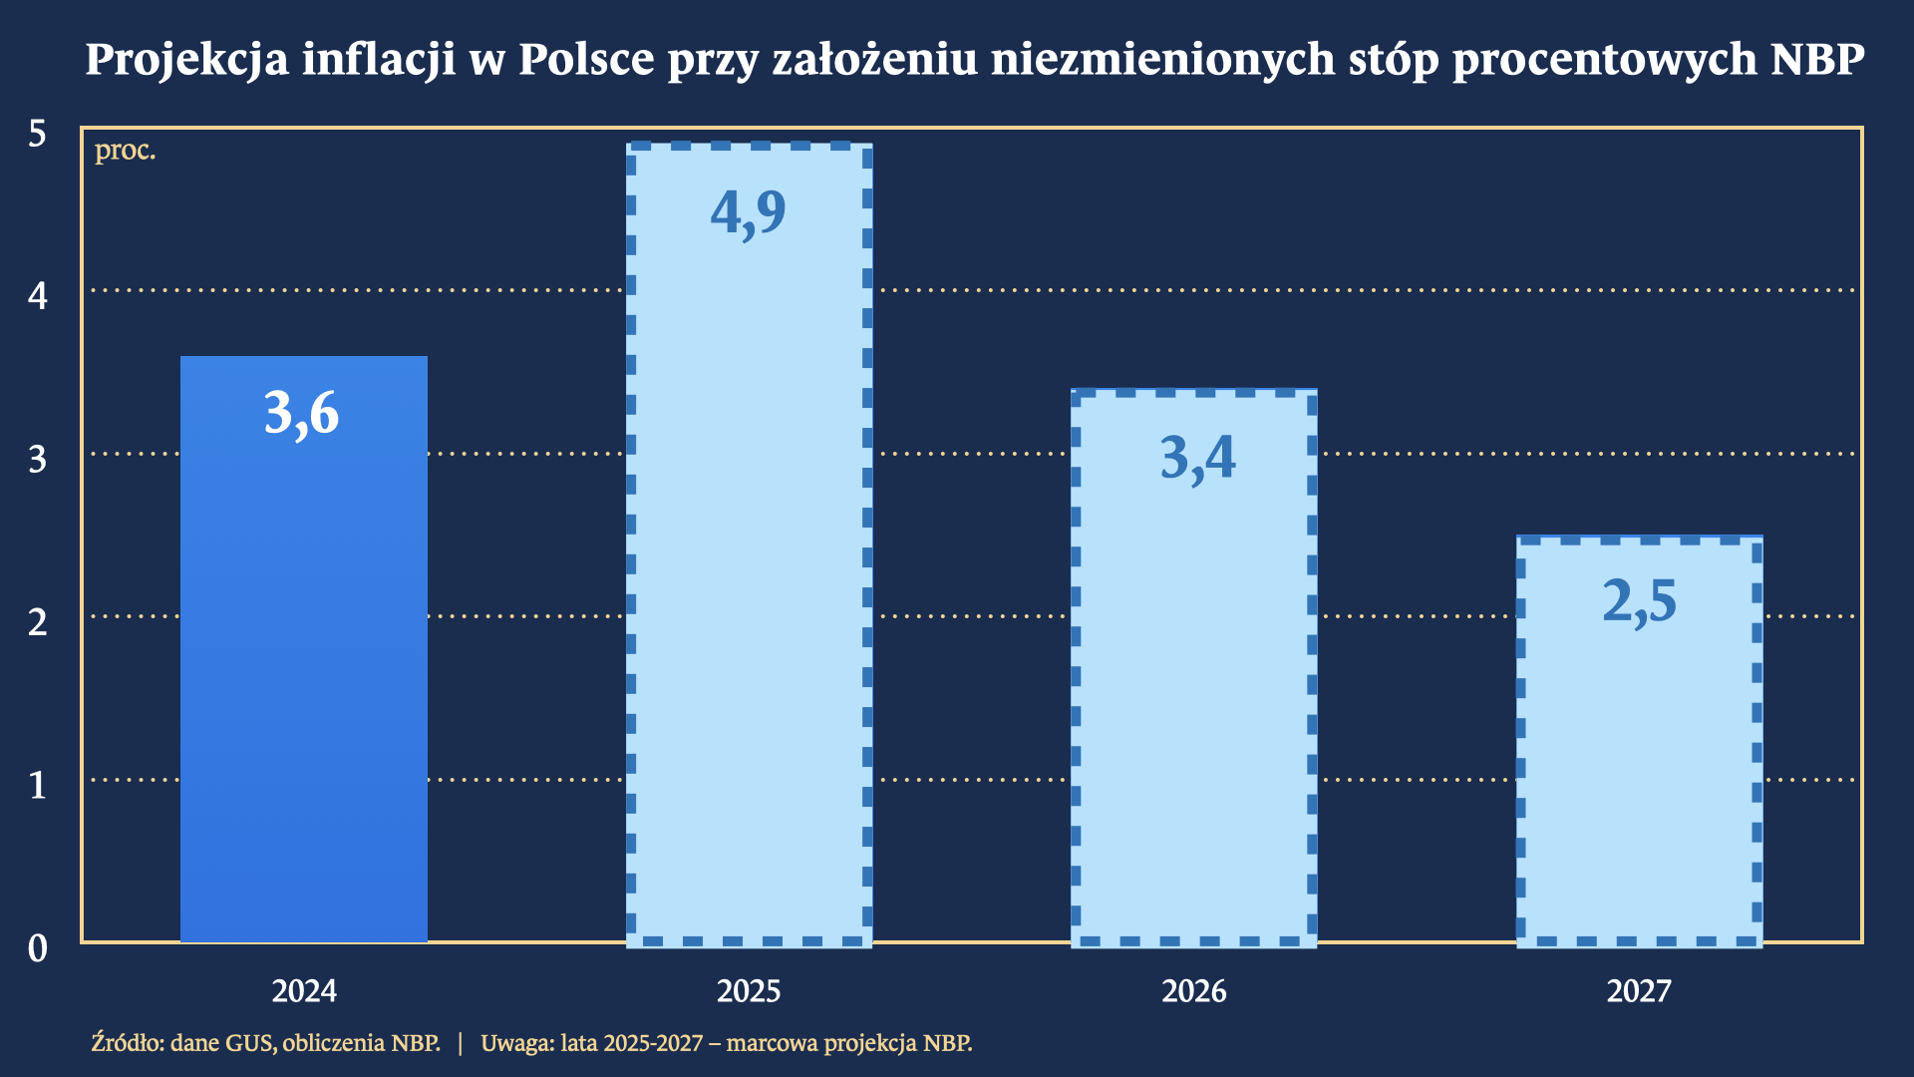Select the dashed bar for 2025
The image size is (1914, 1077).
click(749, 598)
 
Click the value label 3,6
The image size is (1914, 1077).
click(302, 413)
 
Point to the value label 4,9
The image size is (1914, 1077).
click(748, 211)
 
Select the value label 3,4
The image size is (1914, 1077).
click(1197, 458)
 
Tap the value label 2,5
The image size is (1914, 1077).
click(1639, 601)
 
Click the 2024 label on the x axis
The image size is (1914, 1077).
click(304, 991)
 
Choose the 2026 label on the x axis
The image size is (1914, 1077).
click(1193, 991)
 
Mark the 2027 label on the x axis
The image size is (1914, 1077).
click(1639, 991)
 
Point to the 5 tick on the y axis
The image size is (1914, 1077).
click(38, 134)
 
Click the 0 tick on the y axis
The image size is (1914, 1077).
click(38, 948)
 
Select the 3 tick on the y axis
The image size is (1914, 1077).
click(38, 460)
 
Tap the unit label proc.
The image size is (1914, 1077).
click(125, 152)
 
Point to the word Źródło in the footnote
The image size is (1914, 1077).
click(126, 1043)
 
